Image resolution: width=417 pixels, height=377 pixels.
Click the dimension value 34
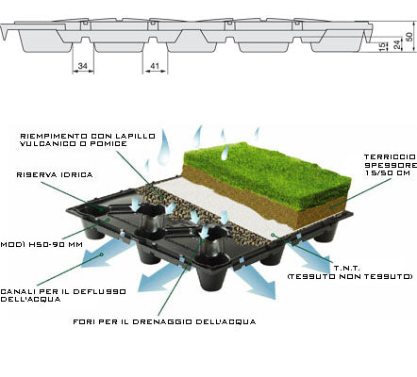tap(83, 66)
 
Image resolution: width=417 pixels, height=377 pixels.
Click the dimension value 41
tap(155, 66)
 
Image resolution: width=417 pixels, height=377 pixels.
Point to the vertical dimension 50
tap(409, 37)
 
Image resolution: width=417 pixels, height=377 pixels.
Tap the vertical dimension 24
tap(397, 44)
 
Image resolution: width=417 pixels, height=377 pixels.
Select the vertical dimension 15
tap(382, 46)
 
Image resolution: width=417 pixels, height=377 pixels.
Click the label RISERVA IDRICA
tap(55, 175)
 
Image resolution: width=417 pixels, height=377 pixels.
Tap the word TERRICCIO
tap(391, 156)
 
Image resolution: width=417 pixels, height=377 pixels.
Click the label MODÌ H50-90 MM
tap(42, 244)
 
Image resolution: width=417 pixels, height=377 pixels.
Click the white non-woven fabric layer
tap(220, 205)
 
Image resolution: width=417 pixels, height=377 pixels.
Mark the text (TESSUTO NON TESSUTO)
tap(350, 276)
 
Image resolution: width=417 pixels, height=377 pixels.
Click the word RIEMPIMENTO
tap(54, 136)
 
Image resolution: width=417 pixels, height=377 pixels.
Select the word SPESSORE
tap(391, 165)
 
